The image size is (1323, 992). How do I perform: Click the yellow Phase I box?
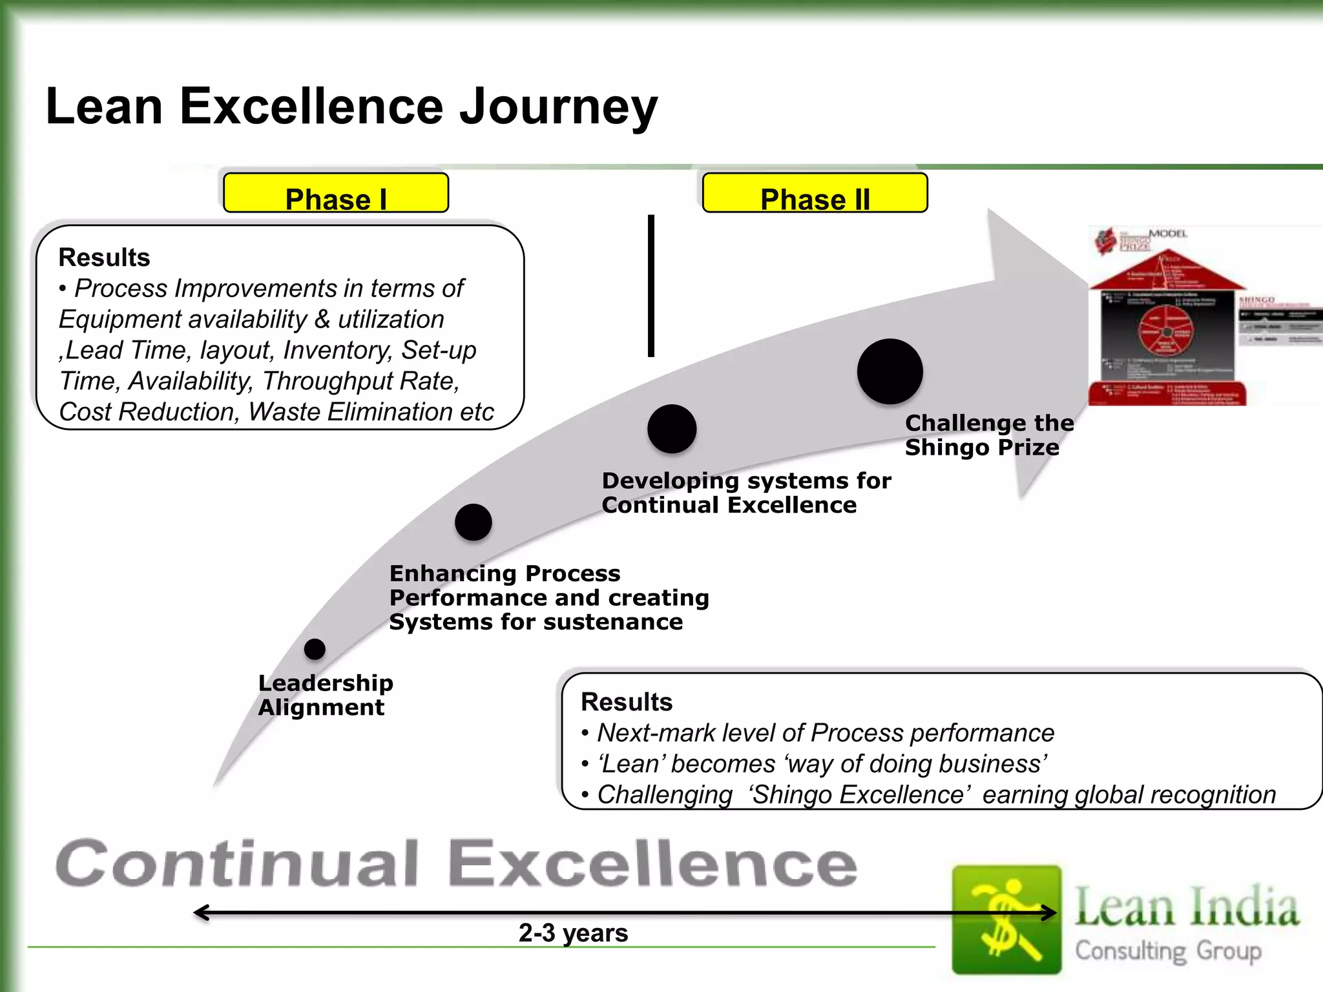click(x=335, y=193)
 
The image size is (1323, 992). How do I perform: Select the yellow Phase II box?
click(x=815, y=193)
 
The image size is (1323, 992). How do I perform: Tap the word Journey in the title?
click(x=557, y=107)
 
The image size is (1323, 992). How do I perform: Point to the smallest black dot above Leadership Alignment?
click(x=315, y=649)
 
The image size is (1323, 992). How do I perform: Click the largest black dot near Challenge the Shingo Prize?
click(x=890, y=371)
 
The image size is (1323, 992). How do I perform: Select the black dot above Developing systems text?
click(x=672, y=429)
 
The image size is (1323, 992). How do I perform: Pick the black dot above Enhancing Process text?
click(x=473, y=522)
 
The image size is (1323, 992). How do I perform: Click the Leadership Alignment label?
click(x=325, y=695)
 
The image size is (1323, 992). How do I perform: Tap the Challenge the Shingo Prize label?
click(x=988, y=435)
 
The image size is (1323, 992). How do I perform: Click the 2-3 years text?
click(x=573, y=933)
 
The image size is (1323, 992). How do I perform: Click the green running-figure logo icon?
click(x=1006, y=919)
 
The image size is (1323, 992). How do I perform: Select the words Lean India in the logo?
click(x=1186, y=907)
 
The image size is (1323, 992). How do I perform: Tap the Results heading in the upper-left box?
click(x=104, y=257)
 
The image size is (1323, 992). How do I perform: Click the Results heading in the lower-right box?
click(x=626, y=702)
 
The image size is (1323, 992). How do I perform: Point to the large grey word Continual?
click(x=238, y=864)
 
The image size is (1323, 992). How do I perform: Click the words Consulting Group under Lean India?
click(x=1168, y=951)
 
